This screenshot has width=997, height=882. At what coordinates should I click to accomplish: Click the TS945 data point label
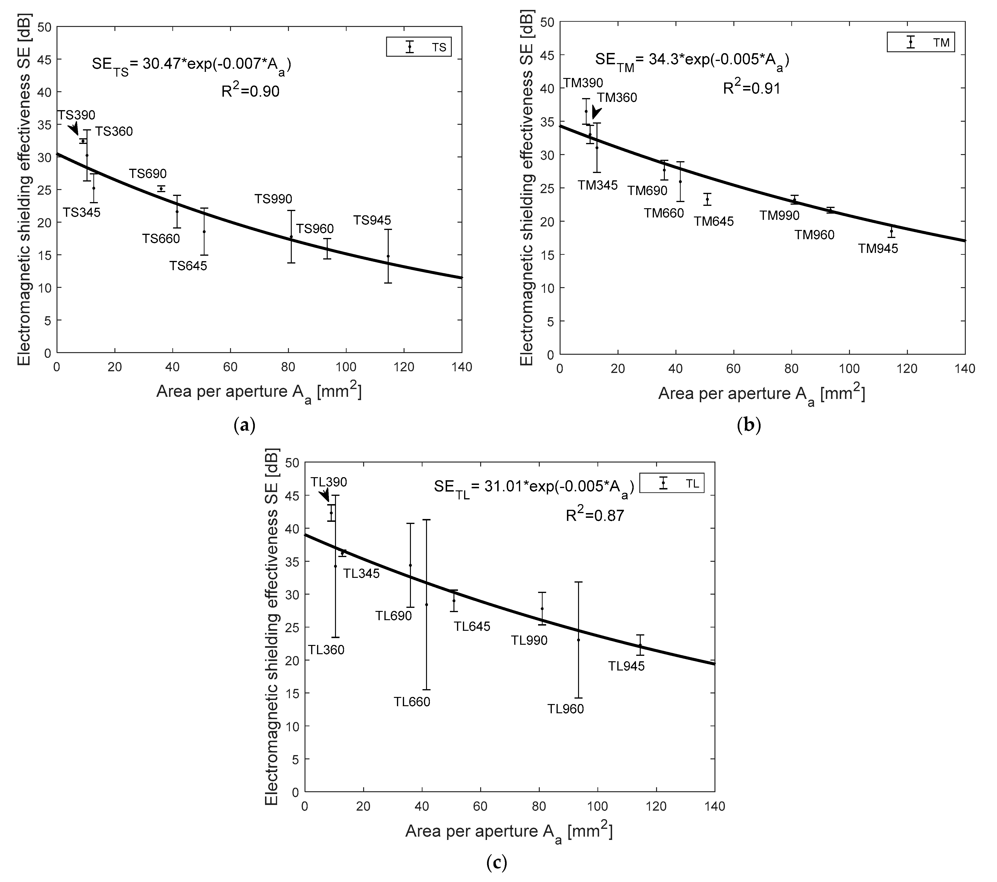pos(372,220)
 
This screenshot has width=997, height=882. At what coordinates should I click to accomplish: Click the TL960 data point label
pos(565,709)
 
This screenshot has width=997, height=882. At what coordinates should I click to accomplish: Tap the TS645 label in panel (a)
pos(188,266)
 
